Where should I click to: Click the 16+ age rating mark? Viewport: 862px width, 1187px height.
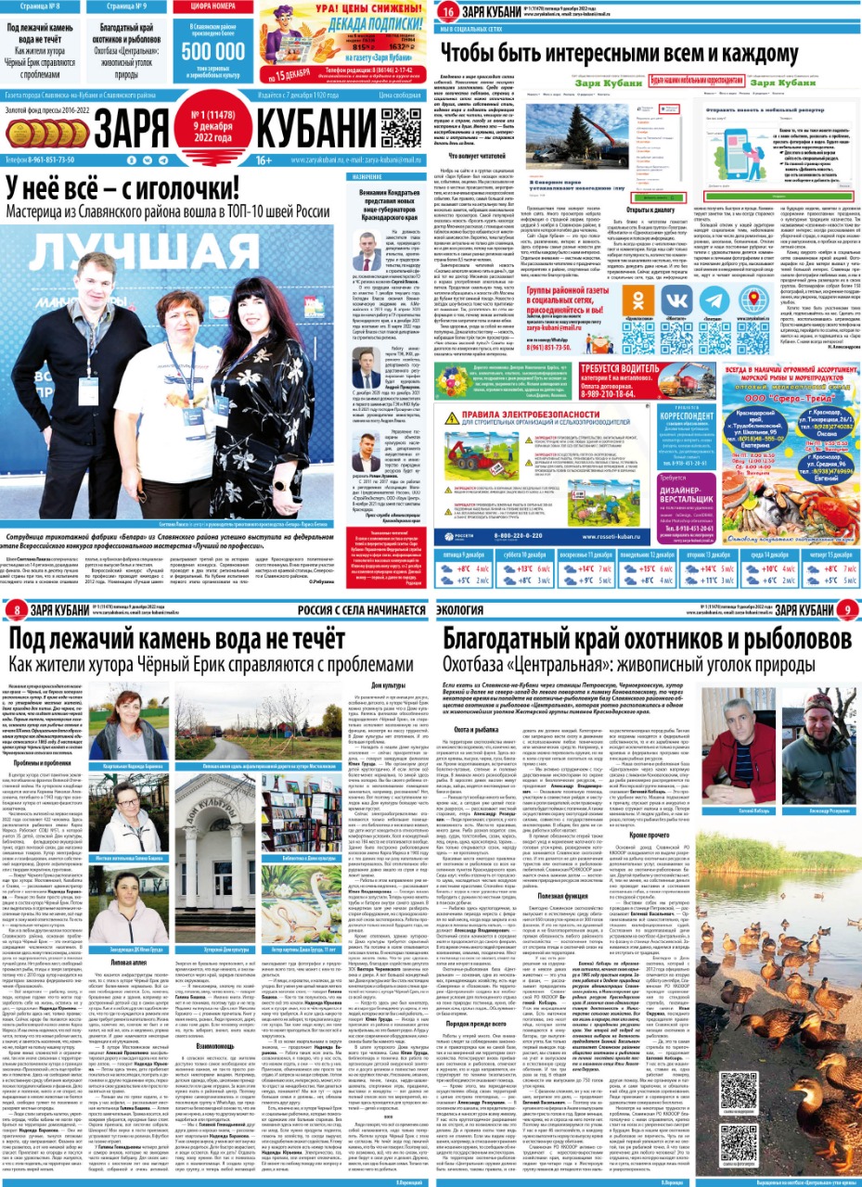click(264, 160)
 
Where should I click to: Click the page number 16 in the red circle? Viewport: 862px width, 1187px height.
click(448, 13)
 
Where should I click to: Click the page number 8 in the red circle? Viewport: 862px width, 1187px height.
click(19, 608)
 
